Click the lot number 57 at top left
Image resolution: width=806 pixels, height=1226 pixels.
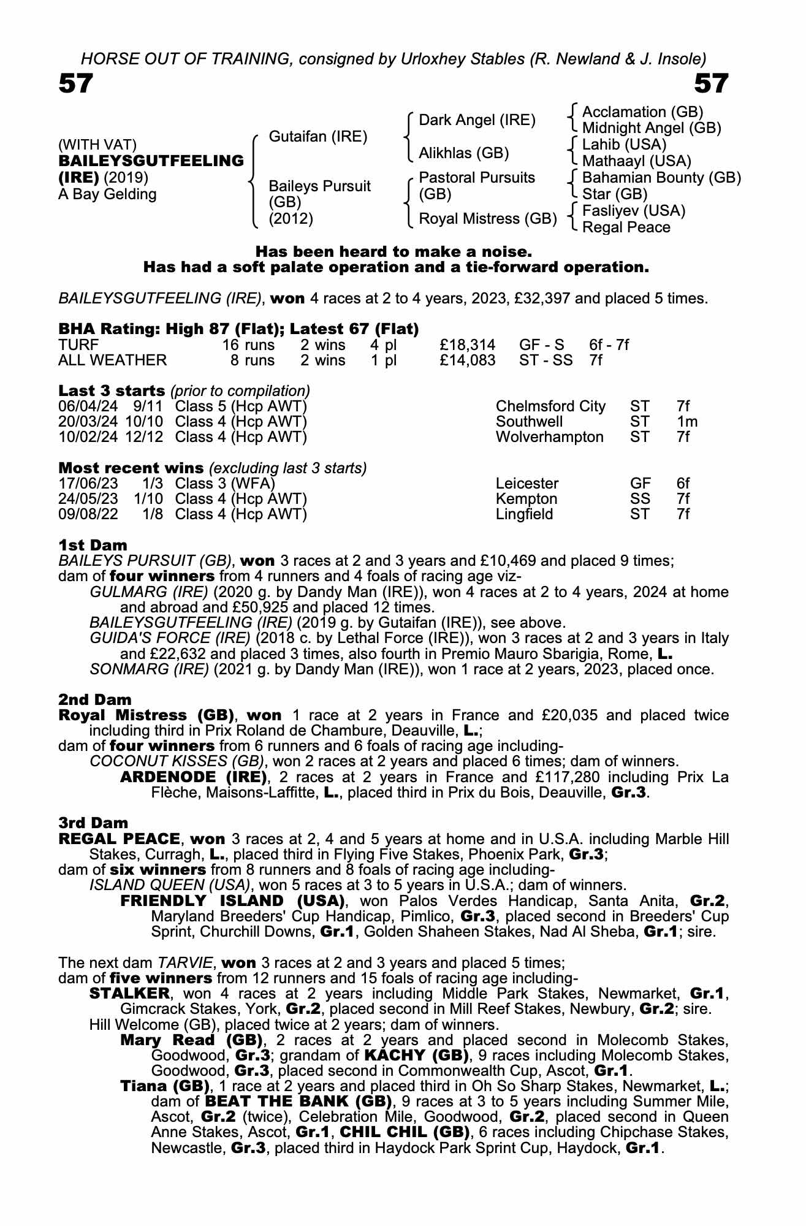(75, 83)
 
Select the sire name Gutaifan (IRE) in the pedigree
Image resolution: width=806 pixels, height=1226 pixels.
(318, 136)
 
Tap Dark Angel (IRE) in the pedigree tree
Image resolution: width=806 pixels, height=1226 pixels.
(477, 120)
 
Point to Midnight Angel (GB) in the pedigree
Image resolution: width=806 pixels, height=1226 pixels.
(651, 128)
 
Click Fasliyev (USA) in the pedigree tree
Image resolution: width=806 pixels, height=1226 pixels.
(633, 211)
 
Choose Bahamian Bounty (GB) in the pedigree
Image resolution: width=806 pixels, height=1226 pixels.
(661, 178)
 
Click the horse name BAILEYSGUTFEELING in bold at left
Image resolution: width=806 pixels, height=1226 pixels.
(151, 161)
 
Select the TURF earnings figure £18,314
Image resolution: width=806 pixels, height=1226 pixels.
(468, 345)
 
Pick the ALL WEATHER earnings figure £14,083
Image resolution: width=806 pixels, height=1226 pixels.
(468, 360)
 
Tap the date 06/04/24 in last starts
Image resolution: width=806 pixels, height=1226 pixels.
(83, 406)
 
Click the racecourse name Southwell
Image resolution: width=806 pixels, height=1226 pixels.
(529, 422)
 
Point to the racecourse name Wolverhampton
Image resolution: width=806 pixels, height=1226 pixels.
(549, 437)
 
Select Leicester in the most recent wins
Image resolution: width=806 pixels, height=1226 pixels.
(527, 484)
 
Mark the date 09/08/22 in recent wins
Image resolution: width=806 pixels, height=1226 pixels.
(83, 514)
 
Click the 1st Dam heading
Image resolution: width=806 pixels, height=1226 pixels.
(93, 545)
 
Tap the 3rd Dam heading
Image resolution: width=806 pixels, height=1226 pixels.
(93, 823)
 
